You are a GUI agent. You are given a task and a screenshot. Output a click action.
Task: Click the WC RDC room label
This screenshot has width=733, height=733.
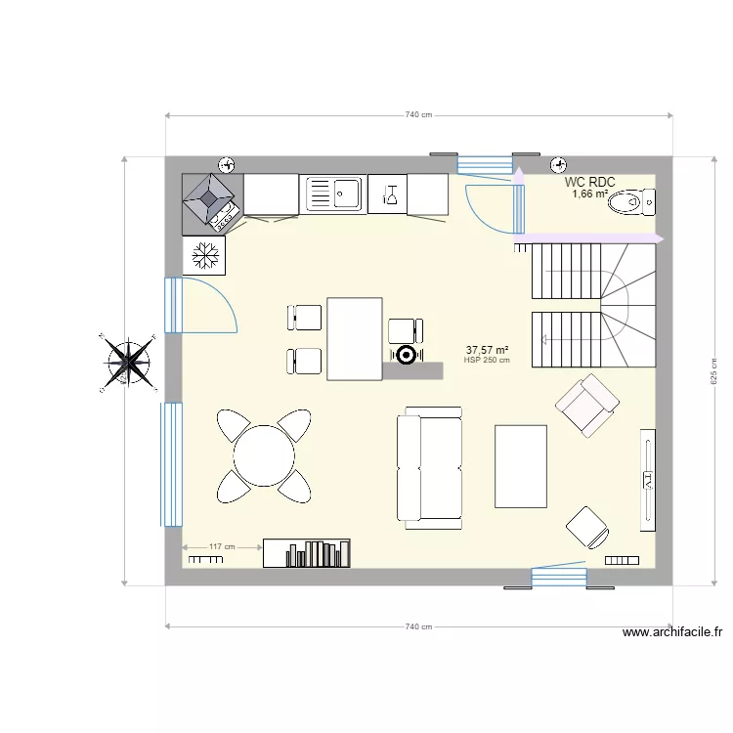click(x=589, y=182)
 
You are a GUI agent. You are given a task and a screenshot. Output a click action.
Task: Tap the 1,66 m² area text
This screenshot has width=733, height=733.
click(x=589, y=194)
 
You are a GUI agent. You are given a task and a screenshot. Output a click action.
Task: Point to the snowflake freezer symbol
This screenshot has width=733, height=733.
click(x=204, y=256)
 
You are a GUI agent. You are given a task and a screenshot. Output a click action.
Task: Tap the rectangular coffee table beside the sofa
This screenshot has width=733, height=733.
click(x=521, y=466)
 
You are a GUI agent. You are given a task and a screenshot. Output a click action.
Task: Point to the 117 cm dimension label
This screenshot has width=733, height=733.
click(x=223, y=547)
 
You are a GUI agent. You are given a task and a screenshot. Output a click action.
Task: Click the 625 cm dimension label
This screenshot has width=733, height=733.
click(x=714, y=369)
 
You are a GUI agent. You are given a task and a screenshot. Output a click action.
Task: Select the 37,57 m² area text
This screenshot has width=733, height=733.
click(x=488, y=349)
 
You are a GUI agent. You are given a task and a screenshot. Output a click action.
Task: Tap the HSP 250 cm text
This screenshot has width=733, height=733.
click(x=487, y=360)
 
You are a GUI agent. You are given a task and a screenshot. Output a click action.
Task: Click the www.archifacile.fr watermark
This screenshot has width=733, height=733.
click(x=671, y=632)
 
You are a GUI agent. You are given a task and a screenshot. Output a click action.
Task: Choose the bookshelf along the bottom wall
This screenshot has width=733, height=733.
click(x=307, y=553)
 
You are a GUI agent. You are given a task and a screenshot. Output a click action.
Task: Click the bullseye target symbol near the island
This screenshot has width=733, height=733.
click(x=405, y=355)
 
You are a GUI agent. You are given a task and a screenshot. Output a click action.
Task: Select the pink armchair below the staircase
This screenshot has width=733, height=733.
click(x=586, y=405)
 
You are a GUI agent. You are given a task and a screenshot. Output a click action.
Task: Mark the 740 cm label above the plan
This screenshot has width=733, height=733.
click(x=418, y=115)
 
